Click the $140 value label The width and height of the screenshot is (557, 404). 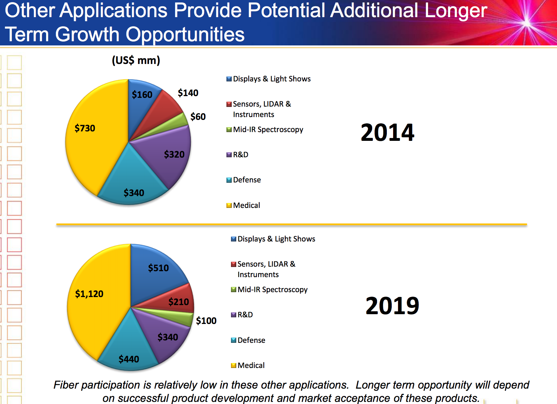pos(188,93)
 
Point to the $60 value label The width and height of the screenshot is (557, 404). pos(198,117)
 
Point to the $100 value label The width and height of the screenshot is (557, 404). pos(206,321)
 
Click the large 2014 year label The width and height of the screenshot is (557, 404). pos(388,133)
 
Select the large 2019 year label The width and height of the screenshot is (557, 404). pos(392,306)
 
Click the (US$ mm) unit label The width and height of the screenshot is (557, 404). pos(136,60)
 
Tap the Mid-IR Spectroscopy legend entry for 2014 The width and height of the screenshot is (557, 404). pos(268,130)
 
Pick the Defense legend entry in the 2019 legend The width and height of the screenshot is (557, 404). pos(251,340)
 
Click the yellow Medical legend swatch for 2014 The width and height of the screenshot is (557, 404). pos(229,205)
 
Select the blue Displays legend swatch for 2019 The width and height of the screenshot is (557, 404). pos(233,239)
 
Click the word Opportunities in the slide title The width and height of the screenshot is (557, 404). pos(185,34)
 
